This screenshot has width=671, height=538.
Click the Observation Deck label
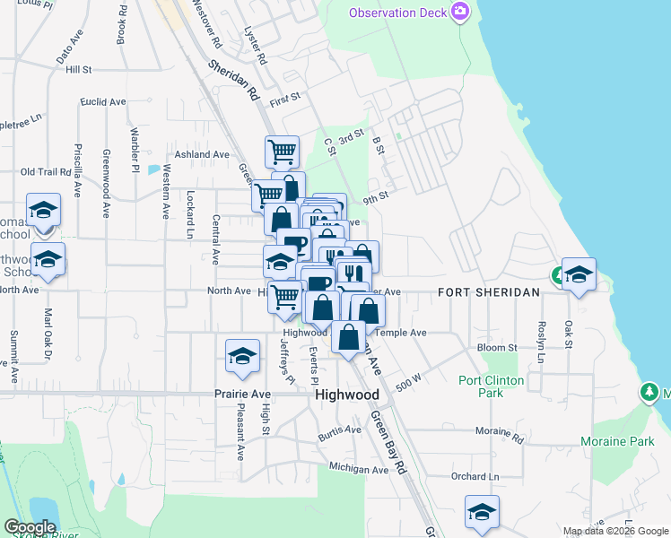click(398, 13)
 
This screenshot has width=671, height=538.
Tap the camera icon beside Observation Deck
click(460, 12)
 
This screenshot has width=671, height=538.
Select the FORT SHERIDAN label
click(488, 292)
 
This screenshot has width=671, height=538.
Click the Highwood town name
click(346, 395)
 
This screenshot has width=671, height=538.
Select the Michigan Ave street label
click(359, 468)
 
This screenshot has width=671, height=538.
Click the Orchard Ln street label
click(475, 476)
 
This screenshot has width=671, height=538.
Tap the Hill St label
click(79, 69)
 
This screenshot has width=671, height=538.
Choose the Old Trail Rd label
click(45, 171)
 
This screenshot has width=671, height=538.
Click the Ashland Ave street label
click(202, 154)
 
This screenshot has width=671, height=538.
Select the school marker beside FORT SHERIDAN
click(579, 274)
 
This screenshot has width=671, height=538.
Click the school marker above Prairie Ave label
click(241, 356)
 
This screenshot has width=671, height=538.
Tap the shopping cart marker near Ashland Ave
click(282, 152)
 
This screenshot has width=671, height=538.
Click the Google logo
click(30, 527)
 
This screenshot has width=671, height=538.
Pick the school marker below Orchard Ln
click(482, 512)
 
